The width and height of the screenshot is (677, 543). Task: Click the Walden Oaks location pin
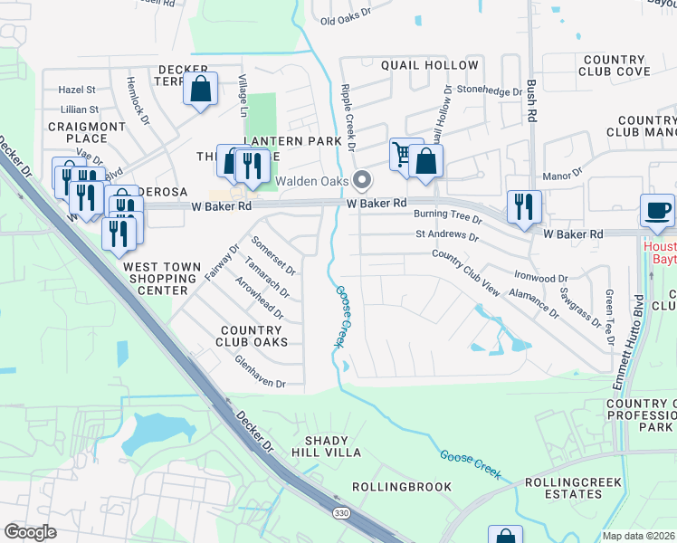tap(362, 179)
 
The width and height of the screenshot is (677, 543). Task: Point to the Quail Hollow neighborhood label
tap(429, 65)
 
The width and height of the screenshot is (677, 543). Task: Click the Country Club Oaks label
tap(252, 336)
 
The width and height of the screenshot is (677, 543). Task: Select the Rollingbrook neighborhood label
tap(401, 487)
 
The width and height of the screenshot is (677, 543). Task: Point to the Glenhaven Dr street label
tap(261, 384)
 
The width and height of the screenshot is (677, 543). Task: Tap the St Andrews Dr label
tap(446, 235)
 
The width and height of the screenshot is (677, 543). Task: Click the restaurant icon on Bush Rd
tap(524, 207)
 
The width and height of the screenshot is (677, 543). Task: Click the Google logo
tap(30, 532)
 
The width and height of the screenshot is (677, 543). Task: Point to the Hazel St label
tap(77, 90)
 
